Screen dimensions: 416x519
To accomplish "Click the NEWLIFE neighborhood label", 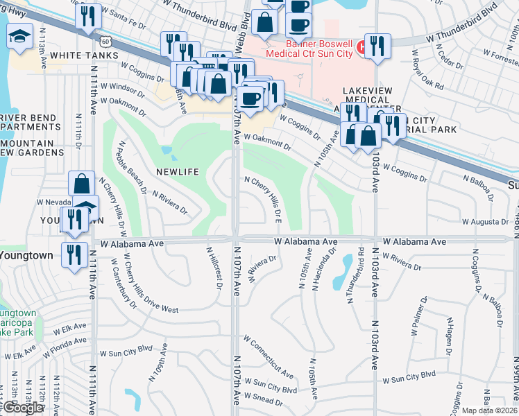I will (178, 171).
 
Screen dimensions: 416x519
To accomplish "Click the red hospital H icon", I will (361, 47).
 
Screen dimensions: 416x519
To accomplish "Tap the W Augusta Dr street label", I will (486, 222).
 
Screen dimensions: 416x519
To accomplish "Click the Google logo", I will (22, 408).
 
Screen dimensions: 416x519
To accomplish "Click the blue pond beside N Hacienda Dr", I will (342, 272).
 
